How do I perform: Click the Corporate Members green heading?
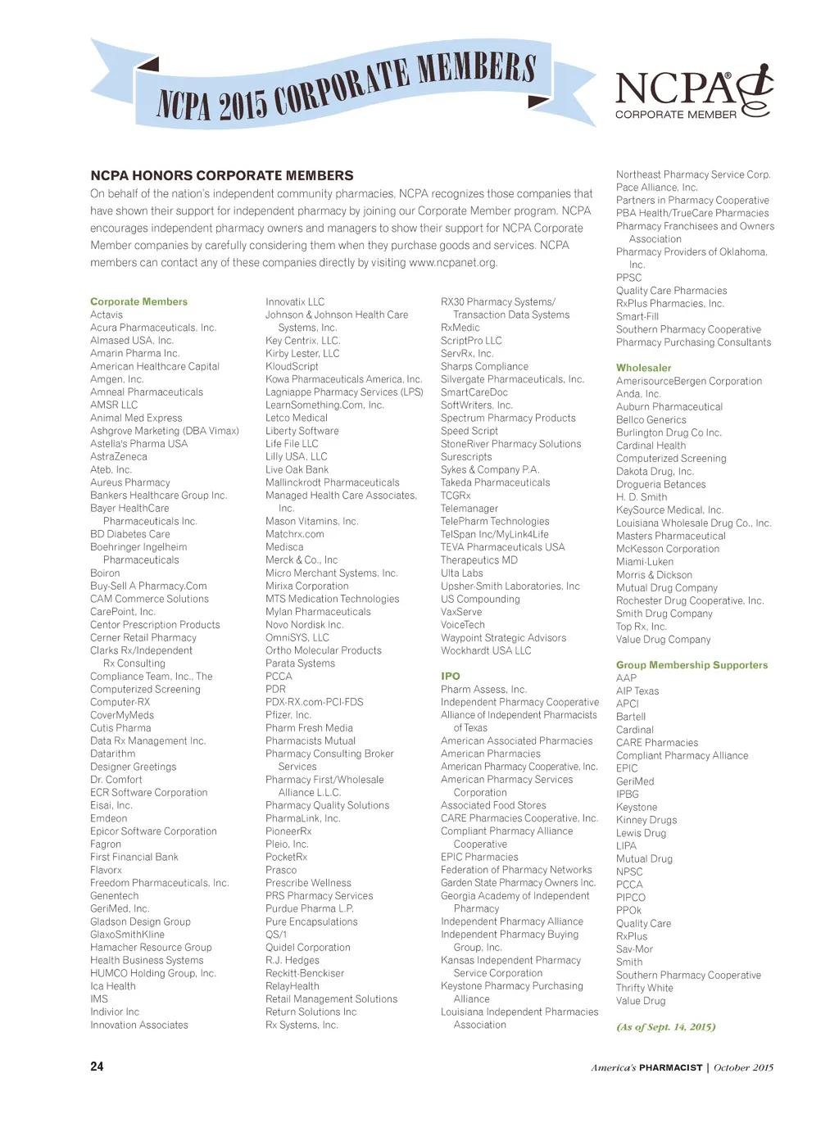138,301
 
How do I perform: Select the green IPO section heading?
451,676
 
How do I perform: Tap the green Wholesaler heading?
643,368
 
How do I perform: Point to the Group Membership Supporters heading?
692,665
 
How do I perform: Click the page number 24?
97,1066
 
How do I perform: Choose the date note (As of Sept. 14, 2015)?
665,1026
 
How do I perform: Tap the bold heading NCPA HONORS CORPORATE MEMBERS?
221,175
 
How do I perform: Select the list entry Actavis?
107,315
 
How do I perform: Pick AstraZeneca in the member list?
119,456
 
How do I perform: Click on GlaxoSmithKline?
127,934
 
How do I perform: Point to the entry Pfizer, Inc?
288,714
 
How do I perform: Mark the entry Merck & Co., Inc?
301,559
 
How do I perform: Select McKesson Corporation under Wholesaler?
667,549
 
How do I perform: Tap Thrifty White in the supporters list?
644,988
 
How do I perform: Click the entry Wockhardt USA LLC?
485,650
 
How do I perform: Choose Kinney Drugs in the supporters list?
646,820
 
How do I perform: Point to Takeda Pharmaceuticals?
495,482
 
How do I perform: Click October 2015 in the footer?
743,1067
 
